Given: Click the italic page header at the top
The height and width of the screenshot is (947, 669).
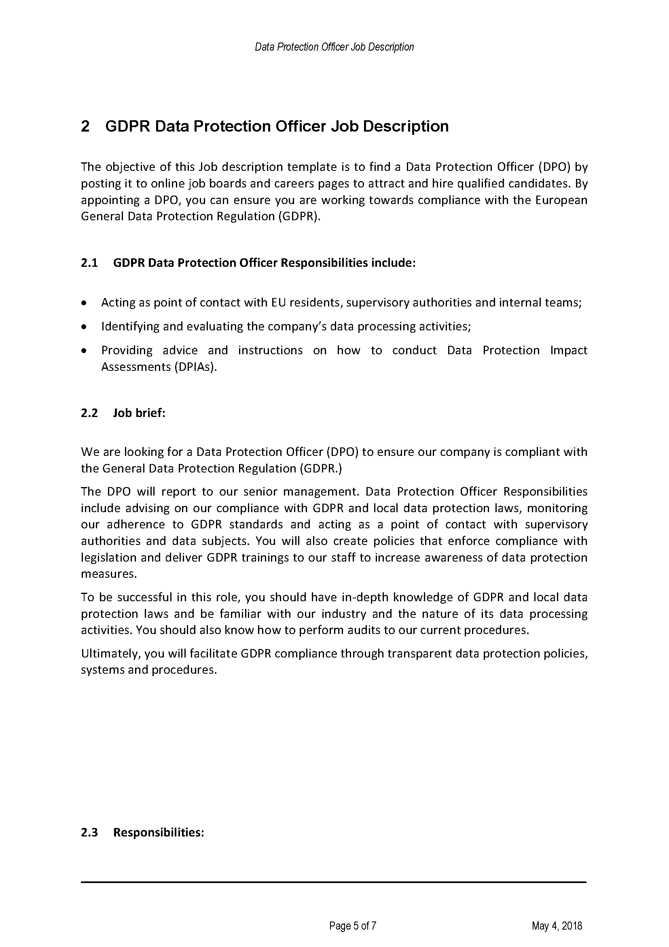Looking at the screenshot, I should click(x=334, y=47).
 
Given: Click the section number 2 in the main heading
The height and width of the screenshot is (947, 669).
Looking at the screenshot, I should click(x=85, y=126).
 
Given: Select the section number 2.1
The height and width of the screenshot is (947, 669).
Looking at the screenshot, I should click(x=89, y=263).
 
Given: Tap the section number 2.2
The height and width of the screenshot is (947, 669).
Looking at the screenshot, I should click(x=89, y=413).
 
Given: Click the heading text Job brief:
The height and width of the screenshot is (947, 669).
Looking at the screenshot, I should click(x=139, y=413).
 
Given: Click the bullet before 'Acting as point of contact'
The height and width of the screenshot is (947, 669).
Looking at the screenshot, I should click(x=85, y=303).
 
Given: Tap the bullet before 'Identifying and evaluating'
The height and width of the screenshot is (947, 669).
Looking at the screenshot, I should click(x=85, y=327).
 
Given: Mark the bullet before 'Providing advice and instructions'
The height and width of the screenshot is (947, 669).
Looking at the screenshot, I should click(x=85, y=351).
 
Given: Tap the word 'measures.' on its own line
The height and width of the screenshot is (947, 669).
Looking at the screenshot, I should click(x=109, y=574).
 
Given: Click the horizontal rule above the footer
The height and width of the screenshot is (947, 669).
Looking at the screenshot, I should click(x=334, y=882).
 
